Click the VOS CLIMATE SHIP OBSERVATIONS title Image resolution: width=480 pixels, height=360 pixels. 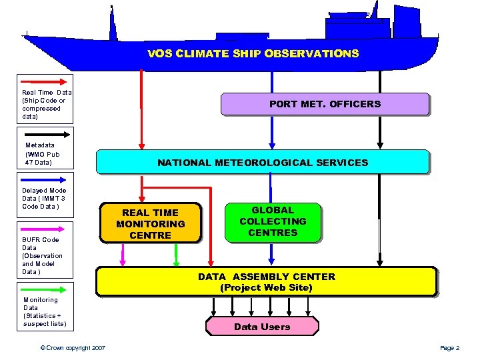253,53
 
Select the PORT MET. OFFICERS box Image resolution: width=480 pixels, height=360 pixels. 325,104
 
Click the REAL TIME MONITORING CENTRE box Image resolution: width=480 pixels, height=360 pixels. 151,223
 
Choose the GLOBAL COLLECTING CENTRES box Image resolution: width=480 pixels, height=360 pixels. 273,221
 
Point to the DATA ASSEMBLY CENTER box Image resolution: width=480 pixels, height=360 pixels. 267,282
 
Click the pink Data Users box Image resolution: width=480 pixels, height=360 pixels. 262,327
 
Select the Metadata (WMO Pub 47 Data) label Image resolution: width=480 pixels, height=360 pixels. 42,153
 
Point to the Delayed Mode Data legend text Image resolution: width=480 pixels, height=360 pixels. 44,199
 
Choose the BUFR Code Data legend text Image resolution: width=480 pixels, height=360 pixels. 42,255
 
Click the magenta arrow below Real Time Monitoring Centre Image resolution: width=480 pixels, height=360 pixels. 123,254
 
